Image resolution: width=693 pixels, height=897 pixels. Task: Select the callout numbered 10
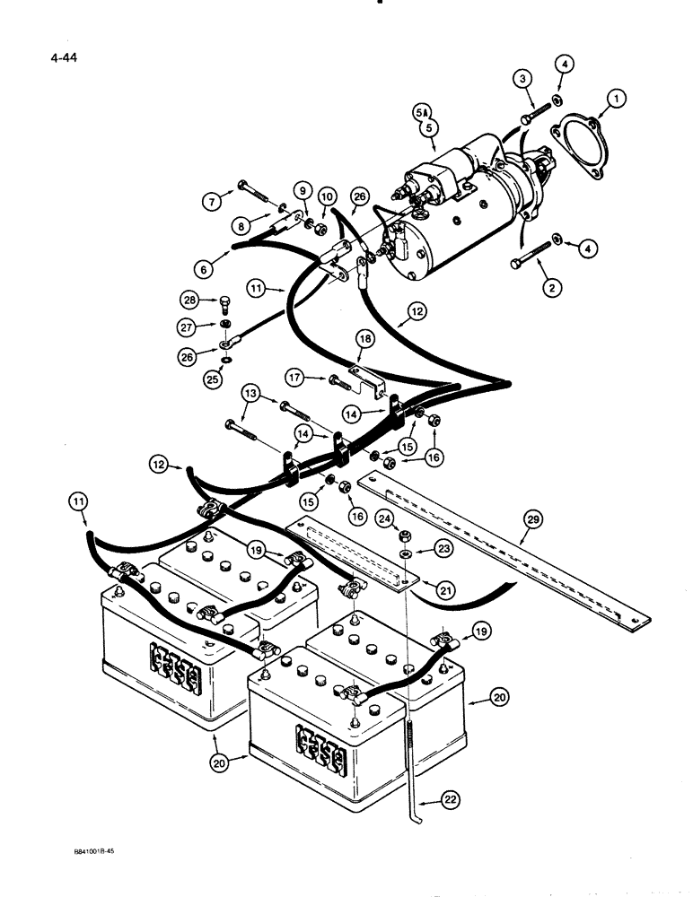point(325,196)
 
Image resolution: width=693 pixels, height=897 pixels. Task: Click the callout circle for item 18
point(364,339)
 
